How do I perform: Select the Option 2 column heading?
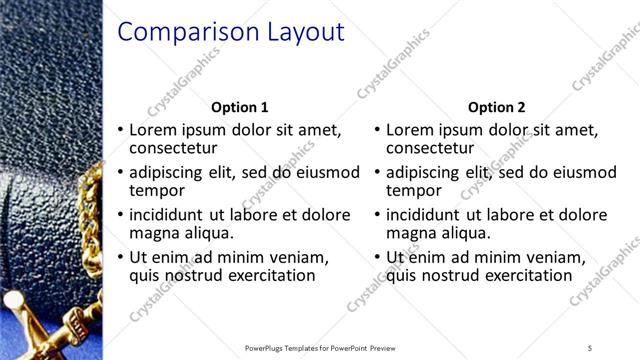click(496, 107)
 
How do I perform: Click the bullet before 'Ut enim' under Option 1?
click(120, 258)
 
